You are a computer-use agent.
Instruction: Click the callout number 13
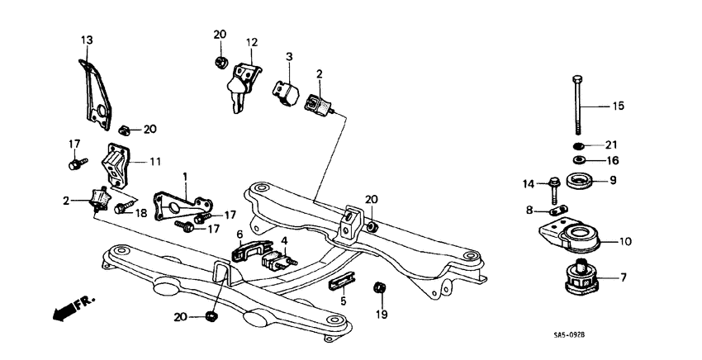[x=88, y=40]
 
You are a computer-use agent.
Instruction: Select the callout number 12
[x=252, y=41]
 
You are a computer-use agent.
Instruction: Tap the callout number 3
[x=289, y=56]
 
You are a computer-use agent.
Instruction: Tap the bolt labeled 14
[x=554, y=187]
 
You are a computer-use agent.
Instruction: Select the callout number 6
[x=240, y=234]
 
